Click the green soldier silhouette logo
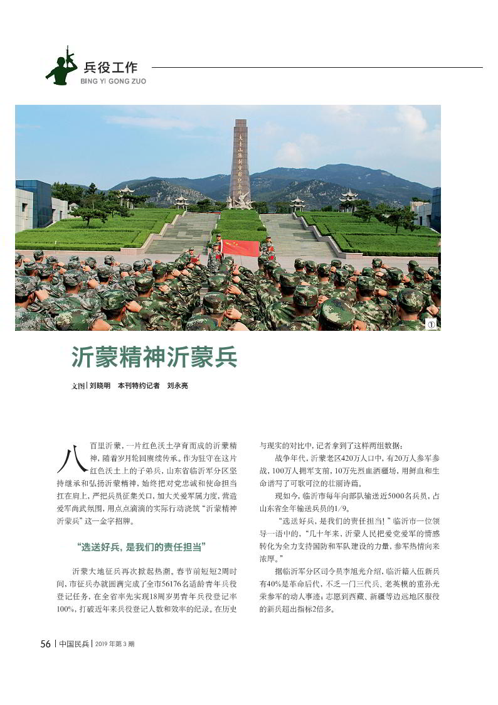tap(61, 67)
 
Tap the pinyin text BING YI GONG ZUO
tap(114, 82)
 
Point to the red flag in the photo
tap(240, 248)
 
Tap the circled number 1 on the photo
tap(431, 324)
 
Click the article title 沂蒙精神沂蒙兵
tap(154, 358)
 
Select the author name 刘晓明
tap(100, 385)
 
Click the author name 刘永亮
tap(177, 385)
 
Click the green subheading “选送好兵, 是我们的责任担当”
tap(142, 547)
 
